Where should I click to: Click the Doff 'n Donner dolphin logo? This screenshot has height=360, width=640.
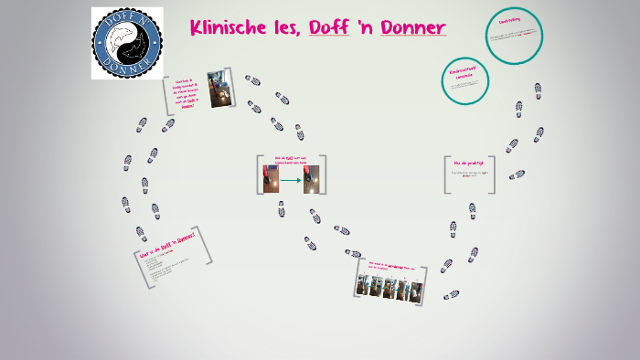(x=127, y=42)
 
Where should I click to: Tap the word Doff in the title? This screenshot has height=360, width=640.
(x=329, y=28)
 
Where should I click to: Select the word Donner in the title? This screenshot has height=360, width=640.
(x=412, y=28)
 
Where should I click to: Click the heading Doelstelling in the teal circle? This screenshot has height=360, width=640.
(x=510, y=19)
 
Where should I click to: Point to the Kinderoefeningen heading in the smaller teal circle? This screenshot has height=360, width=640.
(x=463, y=72)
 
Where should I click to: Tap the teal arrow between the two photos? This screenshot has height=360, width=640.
(x=292, y=179)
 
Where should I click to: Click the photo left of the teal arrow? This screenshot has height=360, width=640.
(x=272, y=178)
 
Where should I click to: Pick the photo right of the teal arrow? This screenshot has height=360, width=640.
(x=312, y=178)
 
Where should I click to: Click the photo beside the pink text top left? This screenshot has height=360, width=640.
(x=218, y=89)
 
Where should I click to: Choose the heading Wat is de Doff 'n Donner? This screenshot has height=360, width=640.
(x=167, y=245)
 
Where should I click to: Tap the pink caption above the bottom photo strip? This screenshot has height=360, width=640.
(x=391, y=268)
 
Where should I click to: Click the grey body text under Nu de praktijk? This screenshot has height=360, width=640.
(x=470, y=172)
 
